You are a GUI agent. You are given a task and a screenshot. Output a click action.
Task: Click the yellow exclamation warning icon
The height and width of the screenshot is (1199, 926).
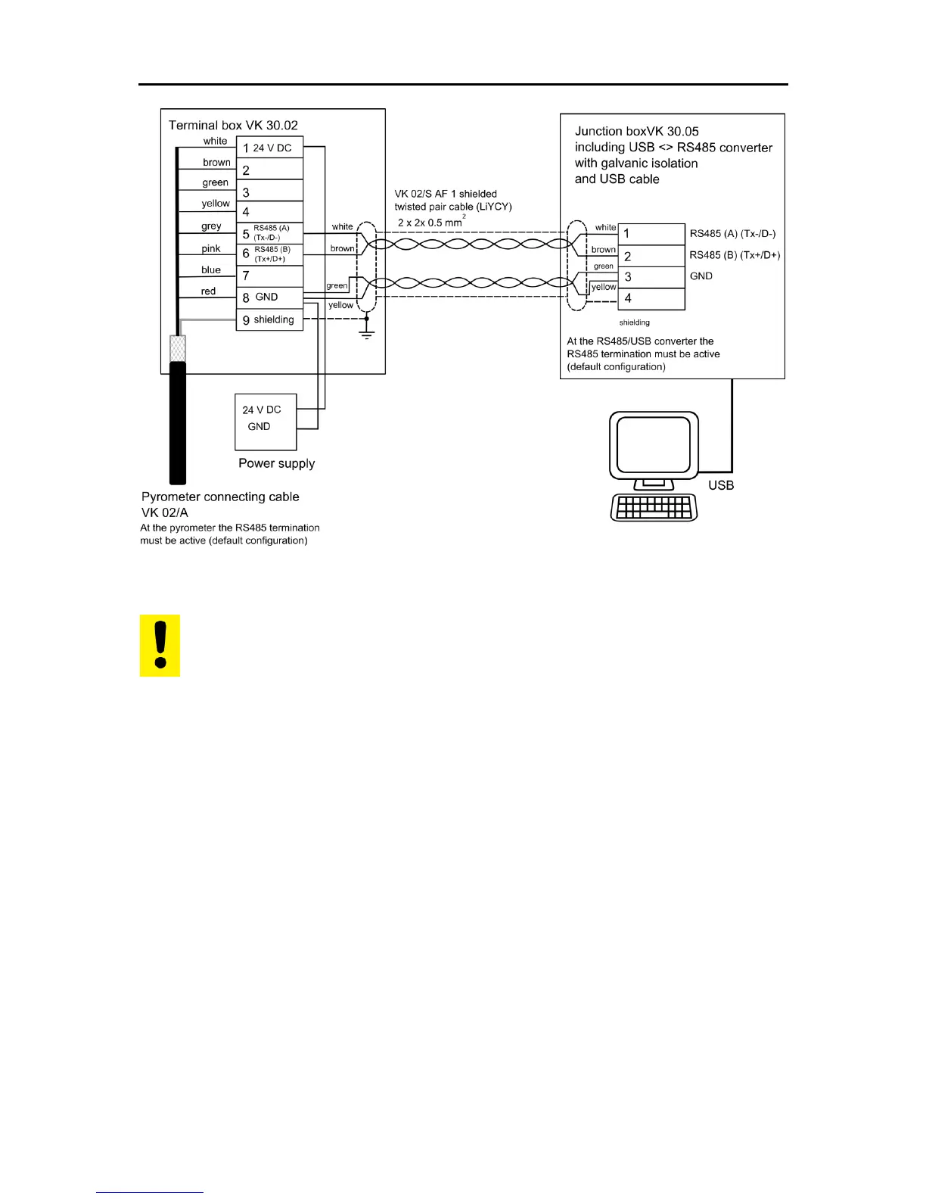(x=160, y=645)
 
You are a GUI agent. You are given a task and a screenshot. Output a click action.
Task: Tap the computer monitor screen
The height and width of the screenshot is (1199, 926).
(x=654, y=445)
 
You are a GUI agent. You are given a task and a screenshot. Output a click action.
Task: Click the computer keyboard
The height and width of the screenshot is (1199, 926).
(x=654, y=507)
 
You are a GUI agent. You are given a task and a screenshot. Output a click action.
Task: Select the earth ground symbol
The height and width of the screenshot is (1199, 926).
(x=367, y=334)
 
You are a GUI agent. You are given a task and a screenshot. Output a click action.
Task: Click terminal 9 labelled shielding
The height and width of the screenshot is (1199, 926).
(x=269, y=320)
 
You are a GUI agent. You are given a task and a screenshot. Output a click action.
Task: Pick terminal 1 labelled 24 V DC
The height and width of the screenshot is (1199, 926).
(x=269, y=148)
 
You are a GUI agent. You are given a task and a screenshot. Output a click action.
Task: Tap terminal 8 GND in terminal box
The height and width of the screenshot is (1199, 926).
(x=269, y=297)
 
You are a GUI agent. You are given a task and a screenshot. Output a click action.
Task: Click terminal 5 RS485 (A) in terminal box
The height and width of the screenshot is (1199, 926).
(x=269, y=233)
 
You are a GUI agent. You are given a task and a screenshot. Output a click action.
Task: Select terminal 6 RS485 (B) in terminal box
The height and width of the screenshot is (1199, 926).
(x=269, y=254)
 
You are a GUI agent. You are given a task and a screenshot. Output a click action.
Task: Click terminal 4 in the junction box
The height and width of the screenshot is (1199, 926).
(x=651, y=298)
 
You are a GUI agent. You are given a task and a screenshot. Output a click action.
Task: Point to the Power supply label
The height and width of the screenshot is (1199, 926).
(x=276, y=463)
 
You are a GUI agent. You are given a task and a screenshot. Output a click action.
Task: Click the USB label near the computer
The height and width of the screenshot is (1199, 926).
(x=721, y=485)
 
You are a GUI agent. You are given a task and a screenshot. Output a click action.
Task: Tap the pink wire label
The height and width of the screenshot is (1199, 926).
(x=211, y=248)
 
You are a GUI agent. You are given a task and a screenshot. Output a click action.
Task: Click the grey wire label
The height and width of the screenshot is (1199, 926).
(x=211, y=226)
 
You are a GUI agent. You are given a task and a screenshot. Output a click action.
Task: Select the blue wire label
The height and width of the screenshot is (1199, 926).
(x=211, y=269)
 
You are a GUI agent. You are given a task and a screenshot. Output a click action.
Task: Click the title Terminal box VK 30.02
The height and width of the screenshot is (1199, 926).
(x=233, y=125)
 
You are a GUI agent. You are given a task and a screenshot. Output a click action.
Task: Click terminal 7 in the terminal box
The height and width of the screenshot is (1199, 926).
(x=269, y=276)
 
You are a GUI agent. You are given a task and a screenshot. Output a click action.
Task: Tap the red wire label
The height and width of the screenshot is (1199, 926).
(x=208, y=291)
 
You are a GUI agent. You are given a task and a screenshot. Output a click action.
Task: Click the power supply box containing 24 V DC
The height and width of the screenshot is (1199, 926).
(x=266, y=422)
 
